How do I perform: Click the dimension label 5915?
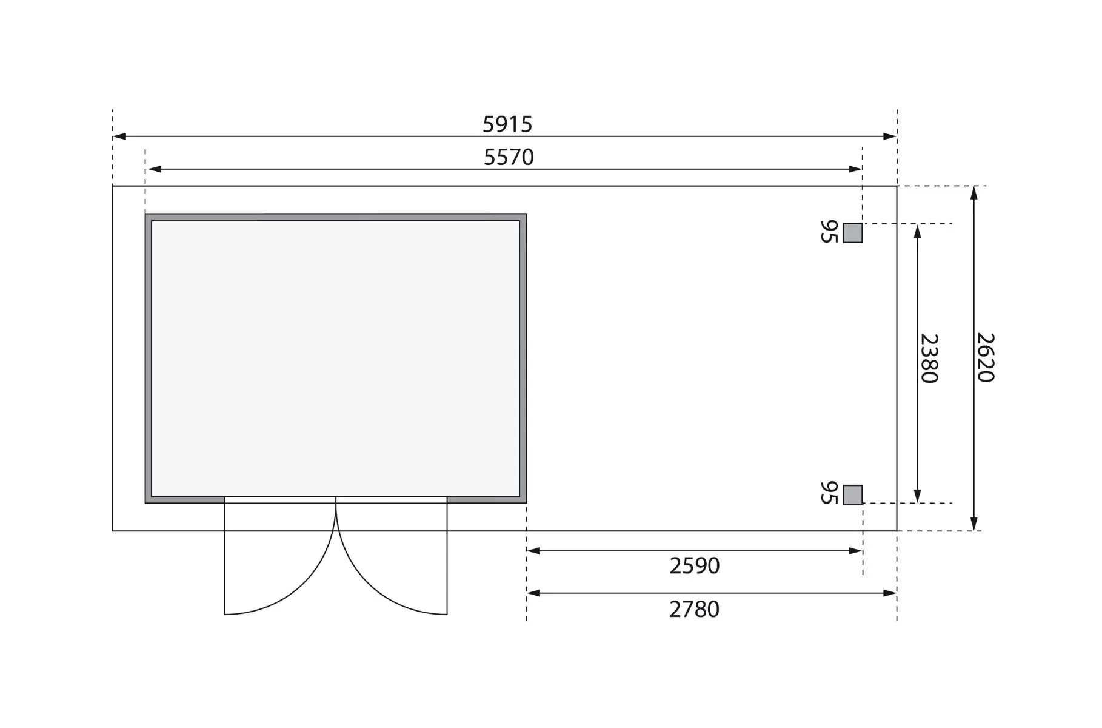point(507,124)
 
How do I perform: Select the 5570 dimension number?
point(509,157)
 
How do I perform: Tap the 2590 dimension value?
point(695,565)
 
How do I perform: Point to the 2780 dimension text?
point(694,609)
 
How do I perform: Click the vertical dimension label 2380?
point(929,359)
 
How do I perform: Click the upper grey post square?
point(853,233)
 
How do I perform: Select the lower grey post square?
point(853,494)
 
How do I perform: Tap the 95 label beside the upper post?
point(829,232)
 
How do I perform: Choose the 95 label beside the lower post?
point(829,493)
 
